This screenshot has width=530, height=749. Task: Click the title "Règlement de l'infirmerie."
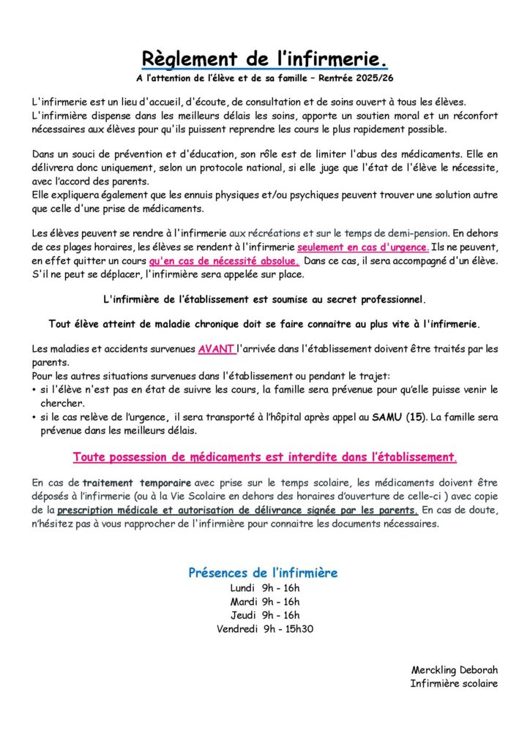(264, 59)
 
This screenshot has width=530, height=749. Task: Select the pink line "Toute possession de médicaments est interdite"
(264, 457)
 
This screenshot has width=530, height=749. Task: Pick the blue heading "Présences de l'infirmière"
(263, 573)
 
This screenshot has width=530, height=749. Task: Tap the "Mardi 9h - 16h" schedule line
(265, 601)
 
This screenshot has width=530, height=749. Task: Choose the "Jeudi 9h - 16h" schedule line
(265, 615)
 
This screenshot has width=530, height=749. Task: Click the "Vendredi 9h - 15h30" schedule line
(265, 628)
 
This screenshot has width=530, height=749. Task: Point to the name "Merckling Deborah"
(455, 669)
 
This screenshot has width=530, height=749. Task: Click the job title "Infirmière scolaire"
(454, 683)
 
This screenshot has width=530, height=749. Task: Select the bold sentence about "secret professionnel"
(264, 299)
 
